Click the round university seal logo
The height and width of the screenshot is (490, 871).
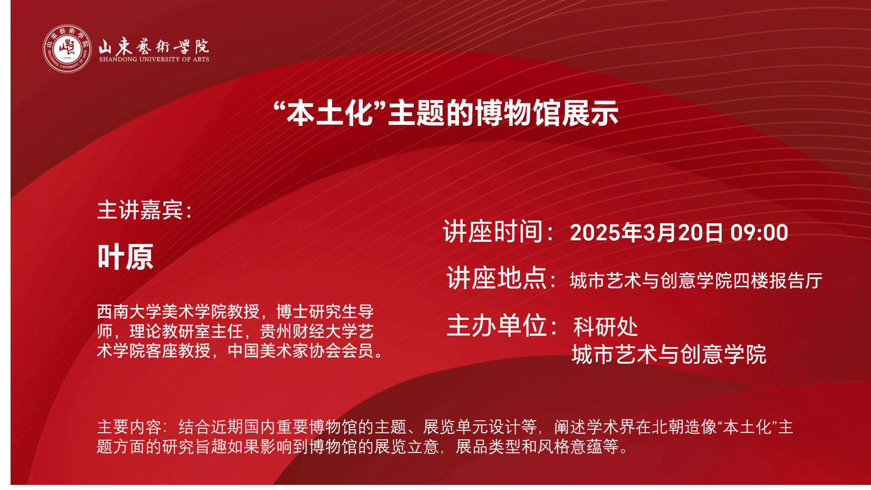coord(67,48)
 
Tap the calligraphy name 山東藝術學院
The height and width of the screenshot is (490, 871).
coord(154,46)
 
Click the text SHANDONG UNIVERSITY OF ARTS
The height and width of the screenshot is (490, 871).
coord(154,60)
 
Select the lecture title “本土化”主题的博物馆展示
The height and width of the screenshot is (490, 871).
coord(446,113)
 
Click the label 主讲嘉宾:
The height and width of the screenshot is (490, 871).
coord(145,210)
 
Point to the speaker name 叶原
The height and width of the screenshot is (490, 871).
coord(125,257)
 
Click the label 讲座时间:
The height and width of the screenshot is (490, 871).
coord(498,232)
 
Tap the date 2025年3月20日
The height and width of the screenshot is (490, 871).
coord(646,233)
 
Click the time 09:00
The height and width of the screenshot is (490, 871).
coord(759,233)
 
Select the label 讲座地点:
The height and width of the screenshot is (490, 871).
coord(501,278)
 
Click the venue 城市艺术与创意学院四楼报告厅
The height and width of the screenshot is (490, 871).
coord(696,281)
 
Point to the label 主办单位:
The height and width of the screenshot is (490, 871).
coord(502,325)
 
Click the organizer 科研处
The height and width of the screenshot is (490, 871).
coord(605,327)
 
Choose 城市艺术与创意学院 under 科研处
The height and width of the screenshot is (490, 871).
coord(669,354)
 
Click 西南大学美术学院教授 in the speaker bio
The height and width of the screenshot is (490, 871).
coord(178,312)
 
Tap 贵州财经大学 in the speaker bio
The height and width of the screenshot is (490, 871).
coord(309,331)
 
